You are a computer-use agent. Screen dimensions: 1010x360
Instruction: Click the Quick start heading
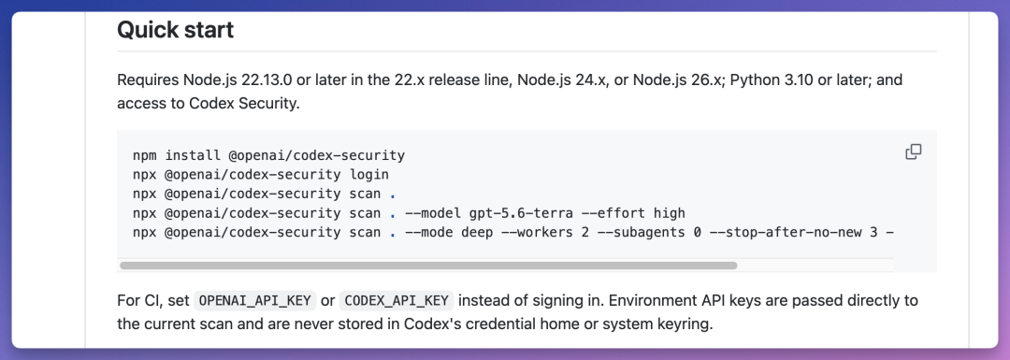[175, 30]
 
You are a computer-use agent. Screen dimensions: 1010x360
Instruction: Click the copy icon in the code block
[914, 152]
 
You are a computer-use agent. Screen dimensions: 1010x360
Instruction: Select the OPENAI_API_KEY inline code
[255, 301]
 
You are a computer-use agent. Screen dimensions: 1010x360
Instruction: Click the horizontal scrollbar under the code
[428, 266]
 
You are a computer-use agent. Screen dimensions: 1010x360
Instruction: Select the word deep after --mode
[477, 233]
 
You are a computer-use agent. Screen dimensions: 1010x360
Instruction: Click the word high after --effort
[670, 213]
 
